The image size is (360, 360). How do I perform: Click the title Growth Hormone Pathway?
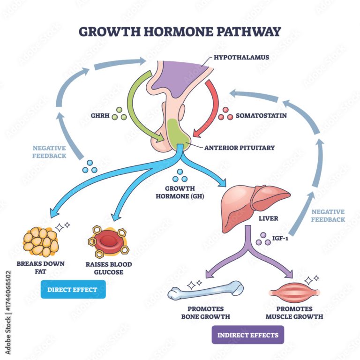180,31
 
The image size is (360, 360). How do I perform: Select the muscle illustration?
293,292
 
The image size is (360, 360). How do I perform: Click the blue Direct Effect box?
73,289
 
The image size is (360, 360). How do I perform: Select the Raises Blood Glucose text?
109,268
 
